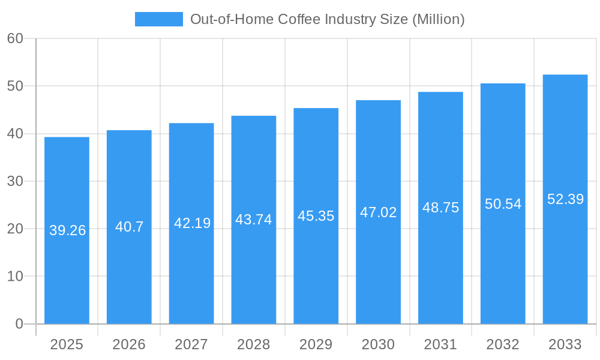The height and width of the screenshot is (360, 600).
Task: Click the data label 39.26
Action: point(67,230)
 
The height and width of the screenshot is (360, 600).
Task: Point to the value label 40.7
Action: point(129,227)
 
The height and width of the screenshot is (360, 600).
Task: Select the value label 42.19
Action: point(192,223)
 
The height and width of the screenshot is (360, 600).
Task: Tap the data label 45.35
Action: point(316,216)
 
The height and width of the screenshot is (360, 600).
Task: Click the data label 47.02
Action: point(378,212)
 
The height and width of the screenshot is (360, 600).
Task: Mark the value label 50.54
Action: point(503,204)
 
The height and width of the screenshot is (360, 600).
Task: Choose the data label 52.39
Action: point(565,199)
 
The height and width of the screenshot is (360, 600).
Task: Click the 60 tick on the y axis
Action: point(15,38)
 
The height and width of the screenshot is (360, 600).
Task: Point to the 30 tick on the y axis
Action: point(15,181)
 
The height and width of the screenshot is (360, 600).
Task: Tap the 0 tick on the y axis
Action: point(19,324)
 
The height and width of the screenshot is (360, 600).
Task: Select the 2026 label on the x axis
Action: point(129,344)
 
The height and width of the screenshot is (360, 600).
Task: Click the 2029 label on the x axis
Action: point(316,344)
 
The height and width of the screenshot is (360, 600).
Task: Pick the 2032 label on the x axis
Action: point(503,344)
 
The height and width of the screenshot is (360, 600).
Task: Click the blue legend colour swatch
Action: point(158,19)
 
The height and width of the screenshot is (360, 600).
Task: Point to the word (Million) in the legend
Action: point(439,19)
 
